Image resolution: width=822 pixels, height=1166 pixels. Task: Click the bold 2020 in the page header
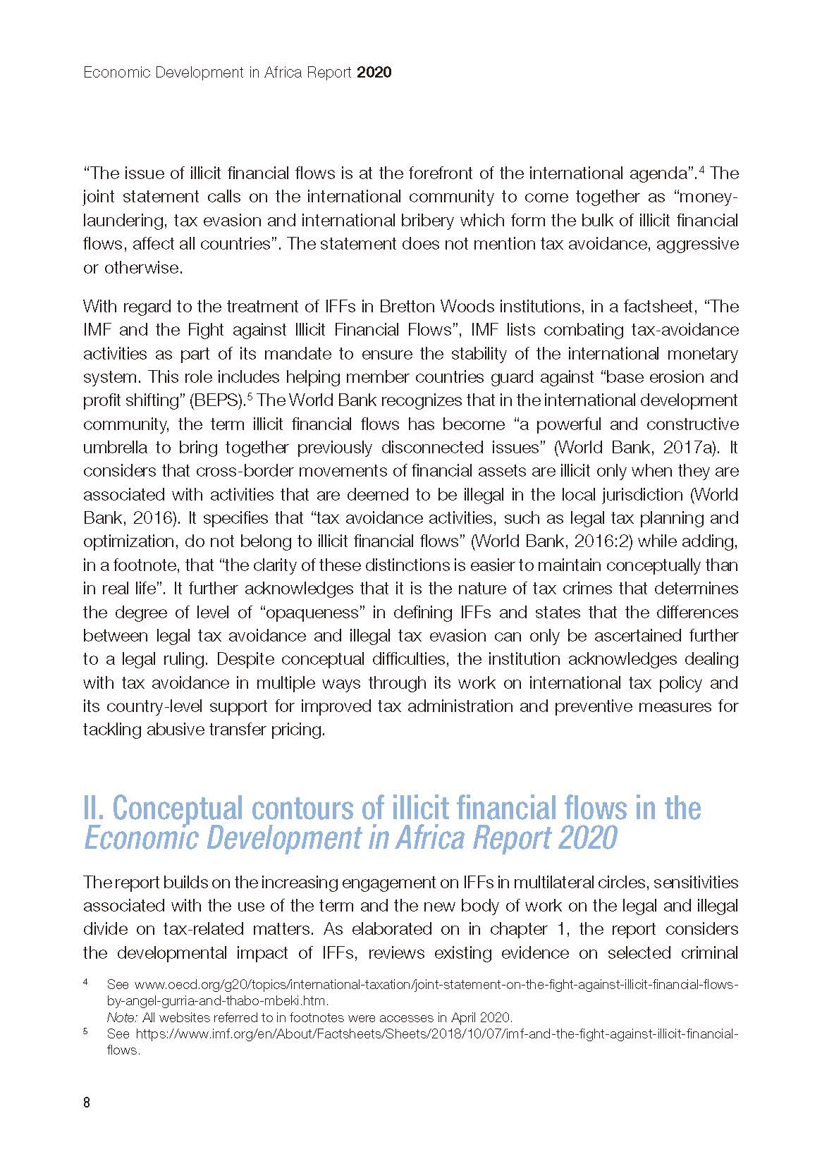click(x=374, y=72)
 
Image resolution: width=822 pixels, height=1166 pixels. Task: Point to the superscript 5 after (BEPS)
click(x=250, y=396)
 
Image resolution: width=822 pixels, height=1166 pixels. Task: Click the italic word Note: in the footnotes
click(x=122, y=1017)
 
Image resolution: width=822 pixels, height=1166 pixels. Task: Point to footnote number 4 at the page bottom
click(x=86, y=982)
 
